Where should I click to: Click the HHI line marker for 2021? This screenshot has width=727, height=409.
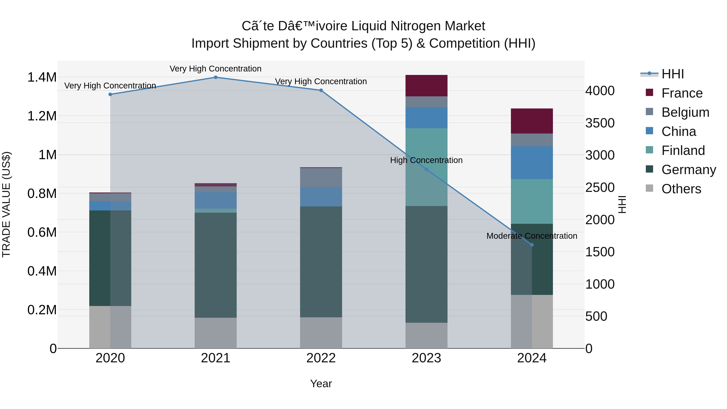216,77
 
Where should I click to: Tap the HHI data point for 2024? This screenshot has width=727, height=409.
532,245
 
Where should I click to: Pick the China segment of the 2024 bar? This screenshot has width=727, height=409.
532,163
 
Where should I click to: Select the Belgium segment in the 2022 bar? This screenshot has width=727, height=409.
321,177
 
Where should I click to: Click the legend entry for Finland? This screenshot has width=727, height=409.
683,150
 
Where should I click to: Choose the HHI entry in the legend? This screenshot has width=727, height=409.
672,74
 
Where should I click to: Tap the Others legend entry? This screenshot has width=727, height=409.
681,189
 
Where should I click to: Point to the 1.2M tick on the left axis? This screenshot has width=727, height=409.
42,116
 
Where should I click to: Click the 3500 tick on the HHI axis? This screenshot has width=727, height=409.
600,123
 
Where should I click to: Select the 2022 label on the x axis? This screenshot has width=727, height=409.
321,358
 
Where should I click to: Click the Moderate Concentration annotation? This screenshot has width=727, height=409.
532,236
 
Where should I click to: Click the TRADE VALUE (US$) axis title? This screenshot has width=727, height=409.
6,204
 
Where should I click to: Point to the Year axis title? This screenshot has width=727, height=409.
321,384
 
